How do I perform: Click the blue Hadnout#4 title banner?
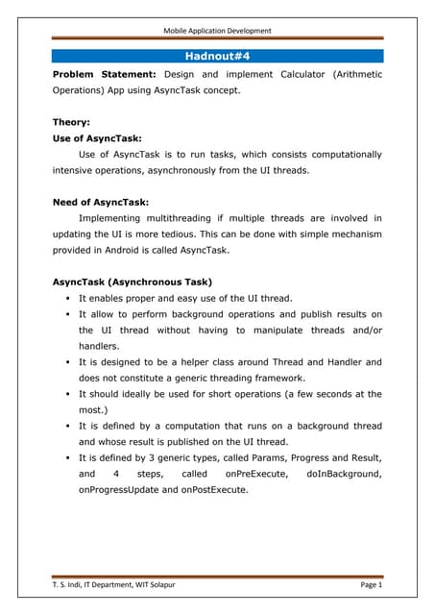[x=217, y=57]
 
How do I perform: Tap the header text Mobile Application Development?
[x=217, y=31]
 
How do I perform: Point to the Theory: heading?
[x=73, y=122]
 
